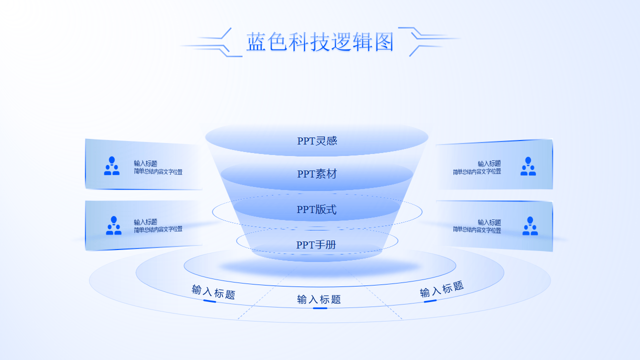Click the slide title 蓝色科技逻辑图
pos(320,42)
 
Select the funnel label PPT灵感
pos(317,141)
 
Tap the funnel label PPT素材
pos(317,174)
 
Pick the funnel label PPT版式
pos(316,209)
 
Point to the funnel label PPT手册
pos(316,245)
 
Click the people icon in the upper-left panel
pos(111,166)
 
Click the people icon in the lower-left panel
pos(113,225)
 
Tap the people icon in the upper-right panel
pos(528,166)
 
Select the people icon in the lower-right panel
pos(530,226)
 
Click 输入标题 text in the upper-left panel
pos(145,163)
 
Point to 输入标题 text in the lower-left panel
pos(145,222)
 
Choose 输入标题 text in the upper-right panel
pos(489,163)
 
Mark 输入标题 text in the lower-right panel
pos(489,222)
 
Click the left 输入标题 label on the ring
pos(213,291)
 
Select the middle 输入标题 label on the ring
pos(319,299)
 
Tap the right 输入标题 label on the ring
pos(441,289)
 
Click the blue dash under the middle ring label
pos(320,308)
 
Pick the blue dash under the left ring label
pos(210,301)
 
